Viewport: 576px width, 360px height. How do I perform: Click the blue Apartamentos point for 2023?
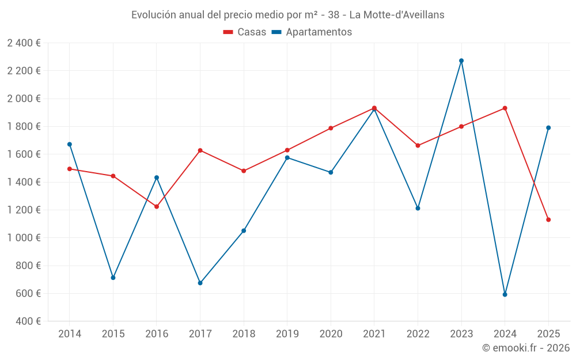[x=461, y=60]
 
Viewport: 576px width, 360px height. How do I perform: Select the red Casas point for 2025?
[x=548, y=219]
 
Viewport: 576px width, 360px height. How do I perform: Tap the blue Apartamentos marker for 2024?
[x=505, y=294]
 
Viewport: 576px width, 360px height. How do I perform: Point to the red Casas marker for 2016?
[x=157, y=206]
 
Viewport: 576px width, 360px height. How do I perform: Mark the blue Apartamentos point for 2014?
[x=70, y=144]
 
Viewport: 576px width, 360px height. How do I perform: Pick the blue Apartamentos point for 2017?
[x=200, y=283]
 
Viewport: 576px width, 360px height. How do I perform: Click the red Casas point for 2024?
[x=505, y=108]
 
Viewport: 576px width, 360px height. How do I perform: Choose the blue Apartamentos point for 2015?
[x=113, y=278]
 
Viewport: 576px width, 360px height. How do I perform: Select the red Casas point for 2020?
[x=331, y=128]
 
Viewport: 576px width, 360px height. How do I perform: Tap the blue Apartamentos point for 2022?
[x=418, y=208]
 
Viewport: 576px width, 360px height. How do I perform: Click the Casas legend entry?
[x=245, y=32]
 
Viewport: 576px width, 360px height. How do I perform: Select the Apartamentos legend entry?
[x=312, y=32]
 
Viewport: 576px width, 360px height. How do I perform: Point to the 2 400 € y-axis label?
[x=24, y=43]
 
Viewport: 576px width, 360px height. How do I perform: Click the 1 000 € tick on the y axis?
[x=24, y=238]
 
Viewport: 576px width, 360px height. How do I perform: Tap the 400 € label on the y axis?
[x=27, y=321]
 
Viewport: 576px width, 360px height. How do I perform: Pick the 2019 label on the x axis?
[x=287, y=334]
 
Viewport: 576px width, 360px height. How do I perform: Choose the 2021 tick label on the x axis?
[x=374, y=334]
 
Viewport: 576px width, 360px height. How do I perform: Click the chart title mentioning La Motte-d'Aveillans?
[x=287, y=15]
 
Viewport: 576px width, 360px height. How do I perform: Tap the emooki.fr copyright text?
[x=525, y=348]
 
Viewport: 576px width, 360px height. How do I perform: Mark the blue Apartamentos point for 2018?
[x=244, y=231]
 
